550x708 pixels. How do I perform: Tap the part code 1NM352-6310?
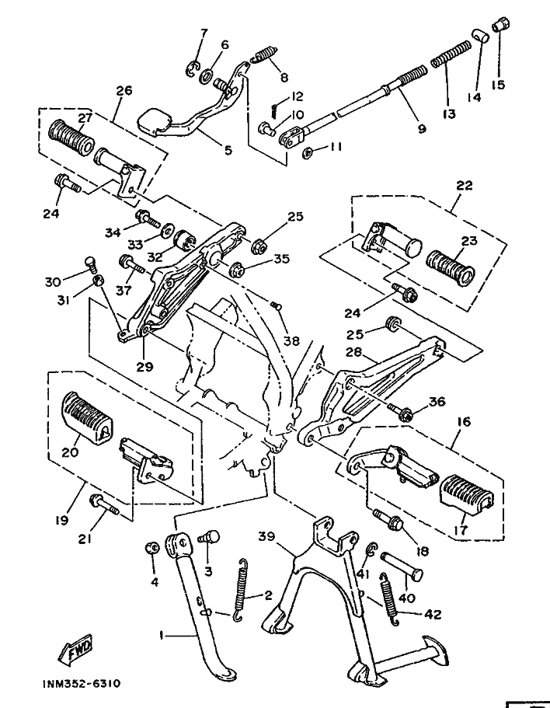[x=82, y=684]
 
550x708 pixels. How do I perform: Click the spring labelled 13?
[x=451, y=58]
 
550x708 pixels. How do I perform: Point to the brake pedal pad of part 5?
[x=155, y=120]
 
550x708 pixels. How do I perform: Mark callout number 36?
[x=437, y=401]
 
